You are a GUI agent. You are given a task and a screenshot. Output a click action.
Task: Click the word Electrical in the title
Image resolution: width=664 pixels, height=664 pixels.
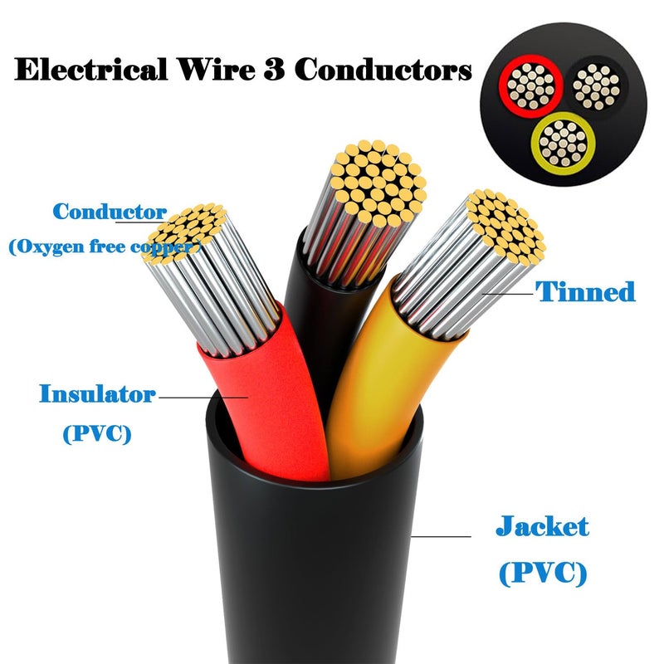pyautogui.click(x=91, y=69)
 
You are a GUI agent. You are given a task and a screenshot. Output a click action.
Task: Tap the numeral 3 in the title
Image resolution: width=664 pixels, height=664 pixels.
pyautogui.click(x=274, y=69)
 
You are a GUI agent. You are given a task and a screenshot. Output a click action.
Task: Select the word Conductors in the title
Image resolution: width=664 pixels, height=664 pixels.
pyautogui.click(x=383, y=69)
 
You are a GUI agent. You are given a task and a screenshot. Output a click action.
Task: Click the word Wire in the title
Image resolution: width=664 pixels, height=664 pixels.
pyautogui.click(x=216, y=69)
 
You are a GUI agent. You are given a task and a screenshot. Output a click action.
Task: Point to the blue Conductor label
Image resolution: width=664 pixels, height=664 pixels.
pyautogui.click(x=110, y=211)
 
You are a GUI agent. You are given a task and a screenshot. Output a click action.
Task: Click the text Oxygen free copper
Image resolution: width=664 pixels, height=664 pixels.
pyautogui.click(x=105, y=247)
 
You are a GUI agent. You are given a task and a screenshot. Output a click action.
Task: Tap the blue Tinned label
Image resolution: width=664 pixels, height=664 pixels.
pyautogui.click(x=585, y=291)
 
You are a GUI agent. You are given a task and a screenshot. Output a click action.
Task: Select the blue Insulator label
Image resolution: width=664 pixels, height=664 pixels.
pyautogui.click(x=97, y=393)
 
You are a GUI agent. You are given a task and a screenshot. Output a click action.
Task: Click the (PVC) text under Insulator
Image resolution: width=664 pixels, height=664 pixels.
pyautogui.click(x=97, y=433)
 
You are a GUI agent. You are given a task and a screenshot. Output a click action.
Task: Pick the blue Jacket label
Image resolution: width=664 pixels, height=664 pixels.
pyautogui.click(x=543, y=526)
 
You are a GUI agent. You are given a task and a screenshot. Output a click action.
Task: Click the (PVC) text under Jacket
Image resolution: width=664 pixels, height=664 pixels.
pyautogui.click(x=543, y=574)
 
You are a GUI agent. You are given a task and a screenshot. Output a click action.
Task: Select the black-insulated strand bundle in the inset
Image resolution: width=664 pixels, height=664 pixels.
pyautogui.click(x=596, y=87)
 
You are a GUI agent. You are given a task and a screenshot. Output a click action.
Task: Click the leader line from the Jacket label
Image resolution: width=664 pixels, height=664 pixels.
pyautogui.click(x=441, y=536)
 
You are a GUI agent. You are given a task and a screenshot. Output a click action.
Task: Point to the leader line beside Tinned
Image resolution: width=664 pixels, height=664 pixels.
pyautogui.click(x=507, y=294)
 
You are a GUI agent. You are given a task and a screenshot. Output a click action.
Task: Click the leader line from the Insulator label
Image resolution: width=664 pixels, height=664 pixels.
pyautogui.click(x=203, y=398)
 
